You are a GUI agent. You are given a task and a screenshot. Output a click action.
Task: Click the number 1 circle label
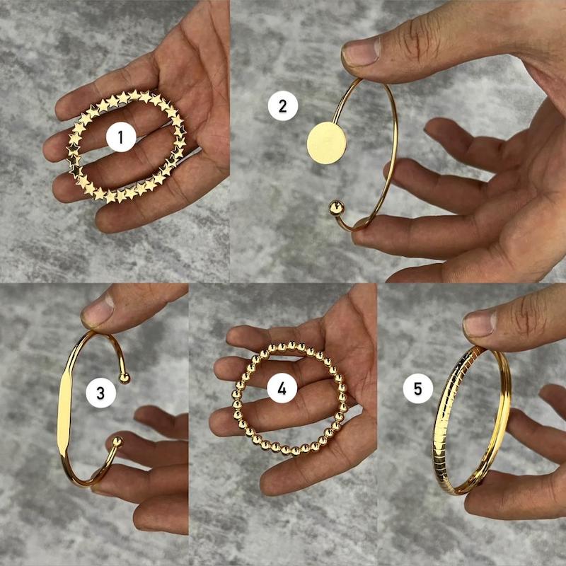pos(121,137)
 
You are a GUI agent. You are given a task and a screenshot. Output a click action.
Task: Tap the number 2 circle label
pos(282,106)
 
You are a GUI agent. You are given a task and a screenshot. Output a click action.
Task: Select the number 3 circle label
pos(100,393)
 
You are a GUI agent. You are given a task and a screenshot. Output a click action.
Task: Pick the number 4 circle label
pos(282,388)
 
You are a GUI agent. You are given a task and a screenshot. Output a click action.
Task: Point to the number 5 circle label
pos(418,388)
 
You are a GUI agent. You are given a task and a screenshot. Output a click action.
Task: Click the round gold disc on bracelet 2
pos(327,143)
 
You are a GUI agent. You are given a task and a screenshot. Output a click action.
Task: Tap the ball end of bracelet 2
pos(335,208)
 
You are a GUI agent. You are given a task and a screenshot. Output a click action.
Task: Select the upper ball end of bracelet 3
pos(124,378)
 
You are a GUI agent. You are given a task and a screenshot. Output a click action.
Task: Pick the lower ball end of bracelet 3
pos(117,441)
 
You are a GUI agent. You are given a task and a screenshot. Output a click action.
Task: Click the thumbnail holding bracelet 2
pos(361,53)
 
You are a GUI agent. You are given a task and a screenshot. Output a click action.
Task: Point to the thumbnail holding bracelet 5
pos(480,324)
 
